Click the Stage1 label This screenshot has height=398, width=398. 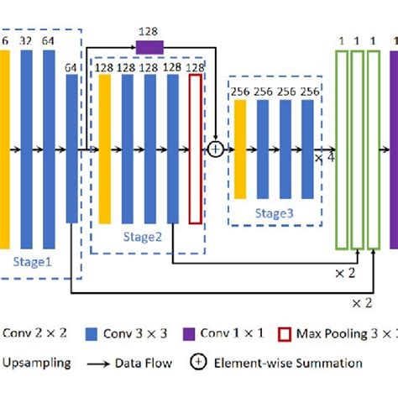point(32,261)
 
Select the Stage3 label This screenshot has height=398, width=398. point(274,214)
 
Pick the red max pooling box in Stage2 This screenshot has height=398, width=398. point(195,149)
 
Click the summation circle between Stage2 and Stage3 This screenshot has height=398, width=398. point(216,149)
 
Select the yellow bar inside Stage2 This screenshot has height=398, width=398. point(105,149)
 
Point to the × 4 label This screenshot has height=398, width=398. point(325,158)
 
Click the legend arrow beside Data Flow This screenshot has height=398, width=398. point(102,364)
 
